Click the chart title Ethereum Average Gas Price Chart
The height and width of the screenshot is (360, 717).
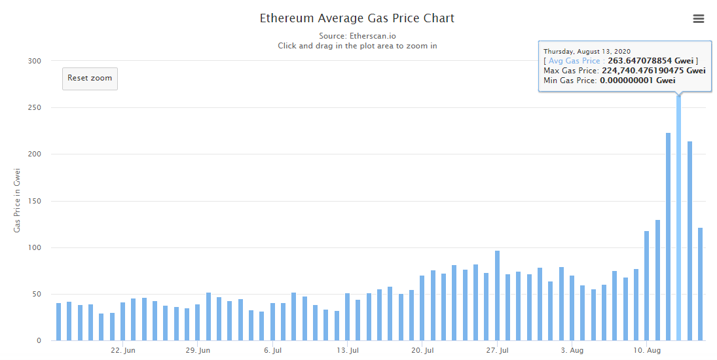pyautogui.click(x=357, y=18)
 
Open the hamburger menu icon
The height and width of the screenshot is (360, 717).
pyautogui.click(x=698, y=19)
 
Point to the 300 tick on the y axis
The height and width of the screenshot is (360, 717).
pyautogui.click(x=34, y=62)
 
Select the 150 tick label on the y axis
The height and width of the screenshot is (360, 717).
pyautogui.click(x=34, y=202)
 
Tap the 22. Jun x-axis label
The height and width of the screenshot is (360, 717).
pyautogui.click(x=123, y=351)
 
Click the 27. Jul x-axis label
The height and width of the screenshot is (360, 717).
pyautogui.click(x=497, y=351)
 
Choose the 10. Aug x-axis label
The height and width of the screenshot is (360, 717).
pyautogui.click(x=646, y=351)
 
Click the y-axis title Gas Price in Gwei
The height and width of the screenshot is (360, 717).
pyautogui.click(x=18, y=200)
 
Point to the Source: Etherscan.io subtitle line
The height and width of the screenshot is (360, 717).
pyautogui.click(x=357, y=36)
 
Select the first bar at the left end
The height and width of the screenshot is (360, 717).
pyautogui.click(x=58, y=321)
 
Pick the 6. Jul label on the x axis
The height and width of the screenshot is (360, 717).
pyautogui.click(x=272, y=351)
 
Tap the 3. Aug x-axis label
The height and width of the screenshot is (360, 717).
pyautogui.click(x=572, y=351)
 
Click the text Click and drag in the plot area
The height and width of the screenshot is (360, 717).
pyautogui.click(x=357, y=46)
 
